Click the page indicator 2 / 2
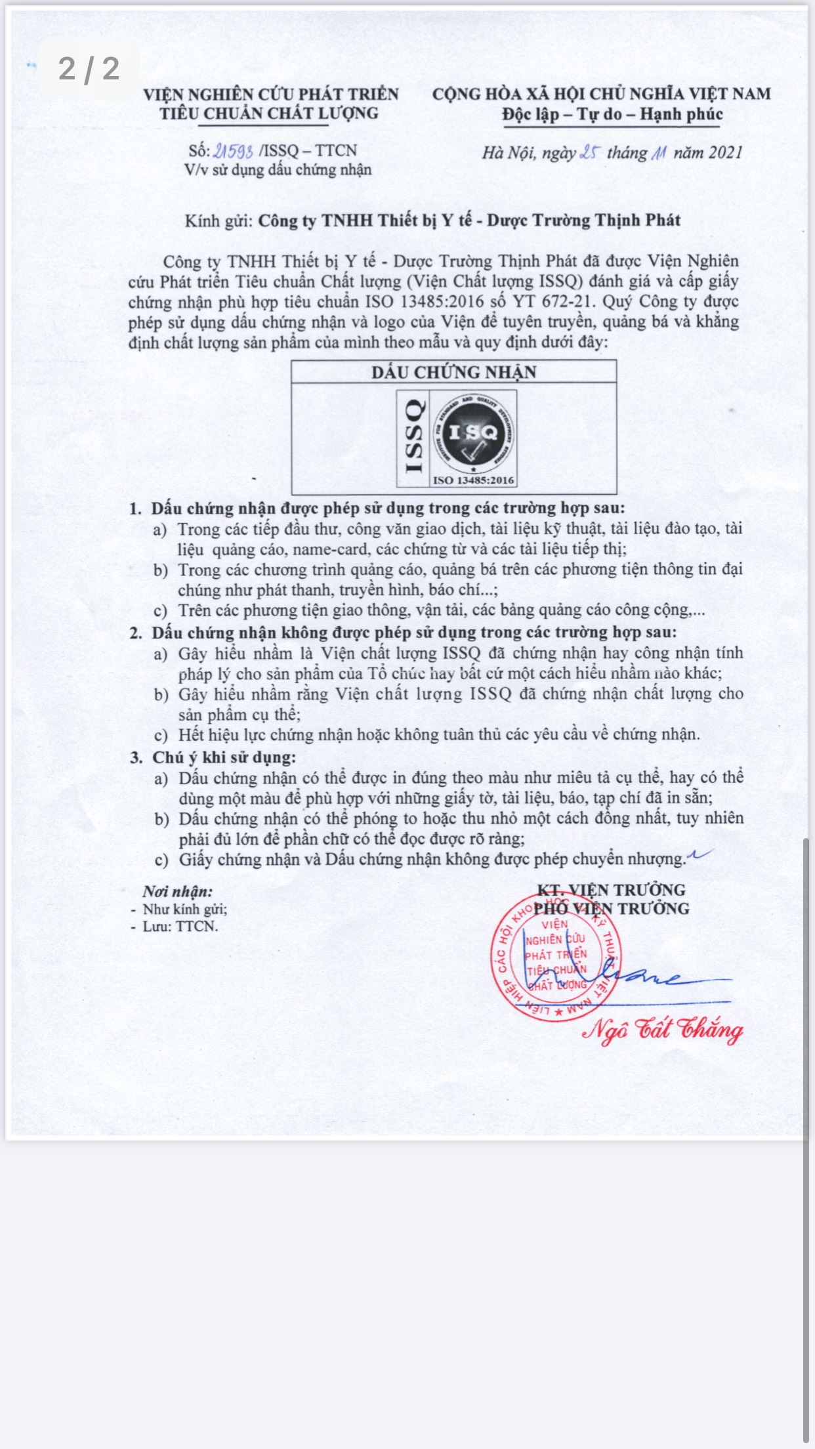[x=89, y=69]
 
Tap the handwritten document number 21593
[x=233, y=151]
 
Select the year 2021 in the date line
[x=726, y=153]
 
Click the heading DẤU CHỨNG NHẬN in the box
[x=454, y=372]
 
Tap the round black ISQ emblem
[x=472, y=432]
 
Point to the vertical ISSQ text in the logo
[x=414, y=437]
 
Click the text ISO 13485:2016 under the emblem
[x=472, y=480]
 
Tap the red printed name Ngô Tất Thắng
[x=663, y=1030]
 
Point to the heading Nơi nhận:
[x=178, y=891]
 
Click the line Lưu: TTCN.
[x=180, y=927]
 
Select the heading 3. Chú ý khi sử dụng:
[x=213, y=757]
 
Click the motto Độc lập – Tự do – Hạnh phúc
[x=612, y=114]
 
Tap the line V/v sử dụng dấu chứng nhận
[x=278, y=170]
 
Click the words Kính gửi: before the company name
[x=219, y=220]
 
